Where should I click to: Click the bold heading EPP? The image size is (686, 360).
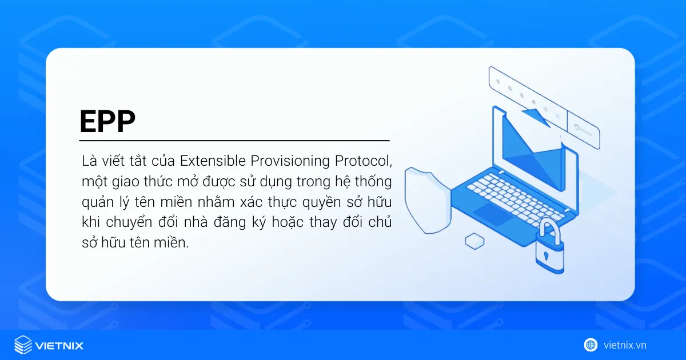click(107, 121)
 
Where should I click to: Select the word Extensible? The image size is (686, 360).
click(212, 161)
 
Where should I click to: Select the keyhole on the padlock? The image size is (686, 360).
click(545, 254)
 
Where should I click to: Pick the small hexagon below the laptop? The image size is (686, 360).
click(474, 241)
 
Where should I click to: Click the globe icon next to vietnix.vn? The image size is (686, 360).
click(591, 345)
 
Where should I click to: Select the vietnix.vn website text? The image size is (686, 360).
click(625, 345)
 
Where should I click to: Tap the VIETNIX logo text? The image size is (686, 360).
click(59, 345)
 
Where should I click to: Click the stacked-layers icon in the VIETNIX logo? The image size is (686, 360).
click(23, 345)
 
